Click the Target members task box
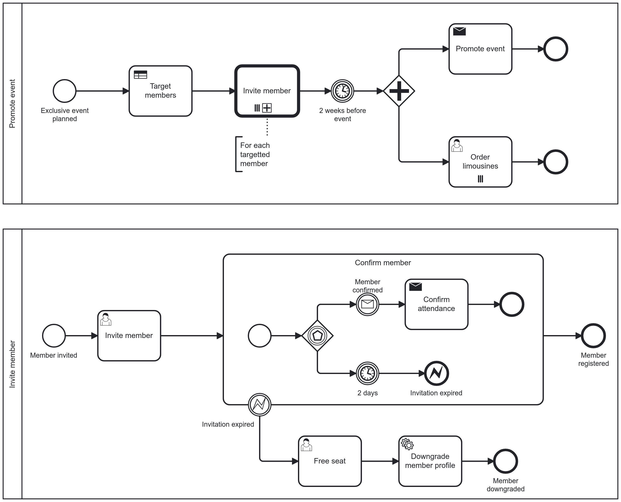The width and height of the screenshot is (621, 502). tap(160, 91)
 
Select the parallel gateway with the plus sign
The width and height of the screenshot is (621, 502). tap(399, 91)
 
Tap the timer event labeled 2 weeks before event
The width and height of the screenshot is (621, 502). tap(342, 91)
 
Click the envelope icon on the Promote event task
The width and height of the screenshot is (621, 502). tap(459, 31)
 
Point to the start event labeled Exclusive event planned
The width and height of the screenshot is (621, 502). tap(64, 91)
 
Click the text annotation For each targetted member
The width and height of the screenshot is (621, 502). tap(254, 154)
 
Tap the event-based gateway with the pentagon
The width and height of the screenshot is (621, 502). tap(317, 336)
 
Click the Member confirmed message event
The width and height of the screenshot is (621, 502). tap(367, 304)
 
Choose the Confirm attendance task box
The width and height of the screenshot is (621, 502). tap(436, 304)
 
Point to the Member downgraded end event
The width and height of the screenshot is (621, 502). tap(505, 461)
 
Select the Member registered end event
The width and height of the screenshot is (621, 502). tap(593, 336)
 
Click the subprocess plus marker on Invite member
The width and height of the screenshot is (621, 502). tap(267, 108)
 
